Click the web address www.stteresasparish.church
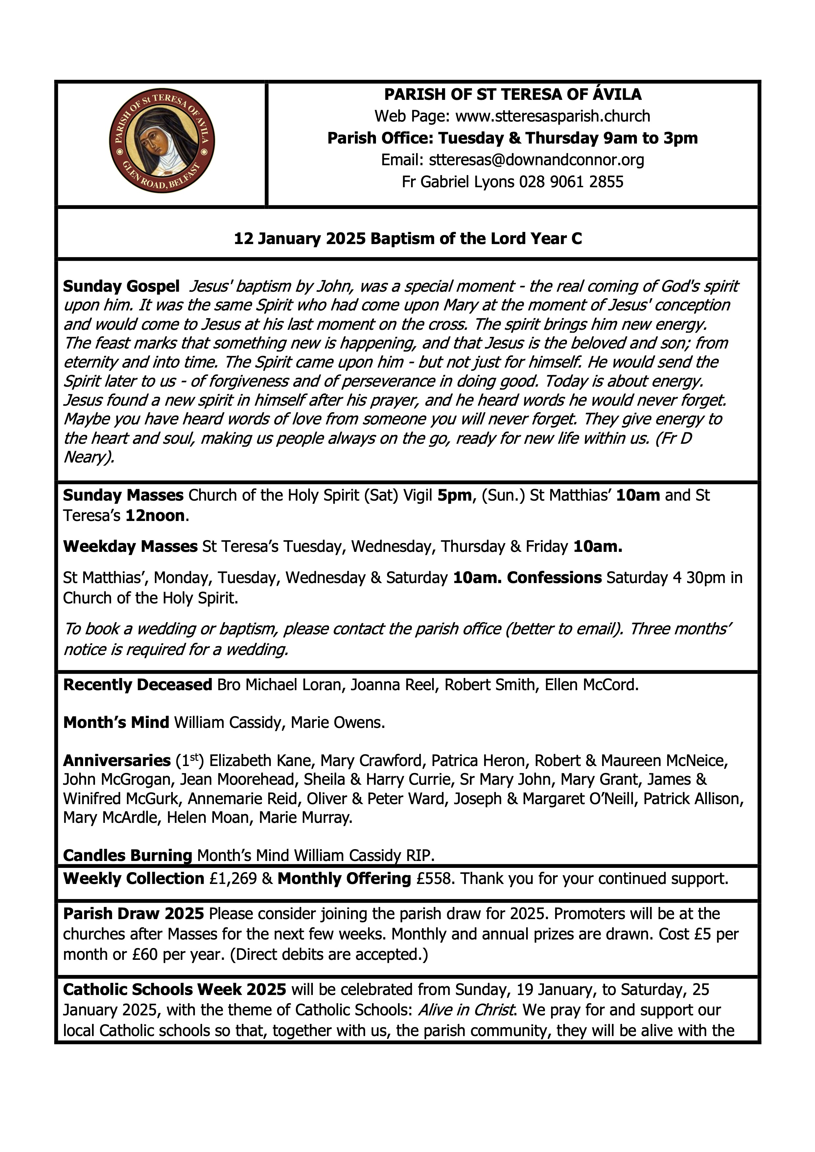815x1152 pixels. click(552, 116)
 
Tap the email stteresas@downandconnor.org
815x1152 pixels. click(536, 160)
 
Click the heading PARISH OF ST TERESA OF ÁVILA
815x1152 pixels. click(512, 94)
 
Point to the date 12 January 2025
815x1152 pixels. click(300, 238)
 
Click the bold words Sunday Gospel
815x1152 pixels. click(121, 286)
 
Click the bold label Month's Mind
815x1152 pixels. click(116, 723)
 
